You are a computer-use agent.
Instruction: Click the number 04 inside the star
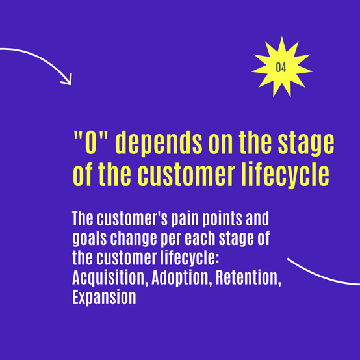tap(281, 68)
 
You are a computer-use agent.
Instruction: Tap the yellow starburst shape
tap(282, 67)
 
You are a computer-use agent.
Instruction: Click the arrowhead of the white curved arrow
tap(68, 81)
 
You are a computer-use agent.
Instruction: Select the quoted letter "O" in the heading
tap(91, 142)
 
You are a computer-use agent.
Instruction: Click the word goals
tap(90, 239)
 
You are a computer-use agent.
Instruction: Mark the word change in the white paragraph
tap(133, 239)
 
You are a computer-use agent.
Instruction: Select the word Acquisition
tap(110, 279)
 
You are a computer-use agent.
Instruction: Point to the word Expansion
tap(104, 298)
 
